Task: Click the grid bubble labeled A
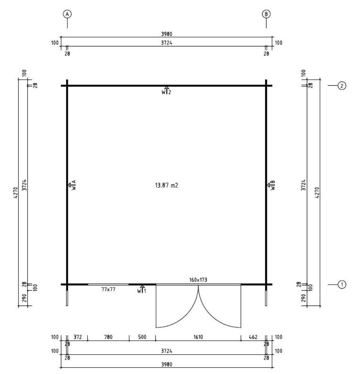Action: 67,14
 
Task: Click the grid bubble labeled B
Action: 266,14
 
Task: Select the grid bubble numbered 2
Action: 342,85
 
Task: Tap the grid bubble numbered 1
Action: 342,284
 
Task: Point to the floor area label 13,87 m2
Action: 167,186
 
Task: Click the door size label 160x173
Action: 198,280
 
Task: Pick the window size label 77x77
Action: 109,289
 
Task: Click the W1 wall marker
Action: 142,289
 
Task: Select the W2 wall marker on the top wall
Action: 167,91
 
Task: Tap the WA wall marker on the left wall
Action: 72,185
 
